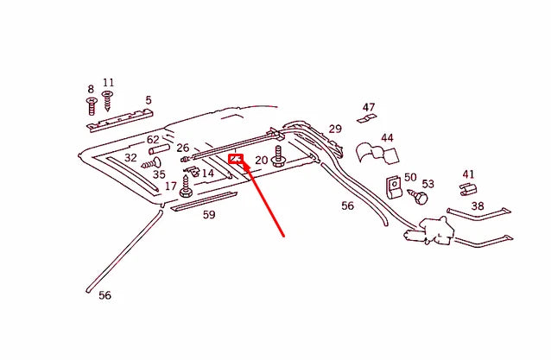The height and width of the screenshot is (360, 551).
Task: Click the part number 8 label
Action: click(90, 89)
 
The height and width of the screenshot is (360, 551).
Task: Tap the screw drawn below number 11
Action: click(108, 102)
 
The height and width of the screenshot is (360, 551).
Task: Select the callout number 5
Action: click(149, 100)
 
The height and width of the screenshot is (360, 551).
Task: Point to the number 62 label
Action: click(153, 140)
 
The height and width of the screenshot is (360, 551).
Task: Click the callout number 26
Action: click(183, 148)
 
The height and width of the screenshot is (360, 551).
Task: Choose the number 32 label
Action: click(130, 158)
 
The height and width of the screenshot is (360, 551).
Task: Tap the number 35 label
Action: click(159, 174)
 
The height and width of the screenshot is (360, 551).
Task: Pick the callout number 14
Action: click(207, 174)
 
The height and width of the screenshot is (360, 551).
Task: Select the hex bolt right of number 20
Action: click(279, 158)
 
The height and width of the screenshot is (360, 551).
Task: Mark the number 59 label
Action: click(209, 215)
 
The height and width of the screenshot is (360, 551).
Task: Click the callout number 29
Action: click(335, 129)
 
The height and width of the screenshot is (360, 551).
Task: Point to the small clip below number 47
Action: click(367, 119)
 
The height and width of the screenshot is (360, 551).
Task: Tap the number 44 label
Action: click(387, 138)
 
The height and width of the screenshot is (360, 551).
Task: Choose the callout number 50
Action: click(410, 177)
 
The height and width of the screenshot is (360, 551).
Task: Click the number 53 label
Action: click(428, 184)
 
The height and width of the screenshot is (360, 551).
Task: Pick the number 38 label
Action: click(477, 206)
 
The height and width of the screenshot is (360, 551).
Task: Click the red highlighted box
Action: click(235, 158)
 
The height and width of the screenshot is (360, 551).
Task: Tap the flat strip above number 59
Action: click(204, 201)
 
